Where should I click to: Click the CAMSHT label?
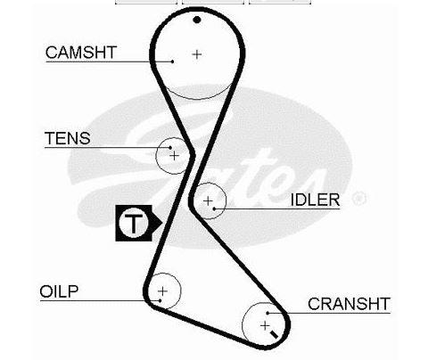(x=81, y=53)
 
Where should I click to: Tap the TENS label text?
(x=68, y=138)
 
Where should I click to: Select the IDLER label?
(x=315, y=200)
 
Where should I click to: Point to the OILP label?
(x=59, y=291)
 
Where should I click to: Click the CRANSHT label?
(x=349, y=304)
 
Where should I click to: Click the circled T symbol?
(x=134, y=223)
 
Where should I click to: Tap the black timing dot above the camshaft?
(x=197, y=20)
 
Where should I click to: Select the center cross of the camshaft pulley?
(x=197, y=54)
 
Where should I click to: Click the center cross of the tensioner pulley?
(x=174, y=156)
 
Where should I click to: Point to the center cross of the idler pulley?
(x=208, y=201)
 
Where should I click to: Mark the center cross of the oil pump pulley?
(x=162, y=291)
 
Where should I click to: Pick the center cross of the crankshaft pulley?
(x=265, y=326)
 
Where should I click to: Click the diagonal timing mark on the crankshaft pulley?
(x=274, y=334)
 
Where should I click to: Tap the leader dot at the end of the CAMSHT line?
(x=173, y=61)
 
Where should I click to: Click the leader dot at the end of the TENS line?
(x=170, y=147)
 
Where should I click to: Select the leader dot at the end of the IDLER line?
(x=214, y=209)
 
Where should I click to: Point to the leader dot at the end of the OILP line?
(x=160, y=300)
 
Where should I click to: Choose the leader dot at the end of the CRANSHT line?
(x=267, y=313)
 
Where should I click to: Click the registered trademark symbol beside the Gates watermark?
(x=359, y=198)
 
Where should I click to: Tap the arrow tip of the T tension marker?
(x=161, y=223)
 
